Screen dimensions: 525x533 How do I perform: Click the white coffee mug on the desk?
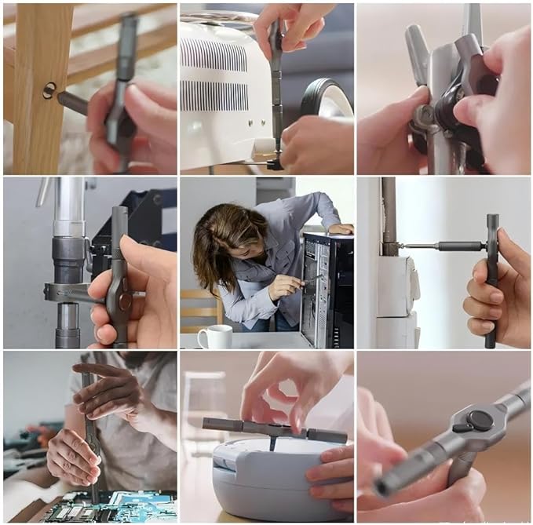pyautogui.click(x=214, y=337)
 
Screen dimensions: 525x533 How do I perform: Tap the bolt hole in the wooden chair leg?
pyautogui.click(x=49, y=91)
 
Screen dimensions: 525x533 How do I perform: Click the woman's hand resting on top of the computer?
pyautogui.click(x=340, y=228)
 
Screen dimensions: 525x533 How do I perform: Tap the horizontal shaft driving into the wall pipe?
pyautogui.click(x=440, y=246)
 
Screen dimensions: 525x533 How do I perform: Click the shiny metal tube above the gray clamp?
pyautogui.click(x=68, y=208)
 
